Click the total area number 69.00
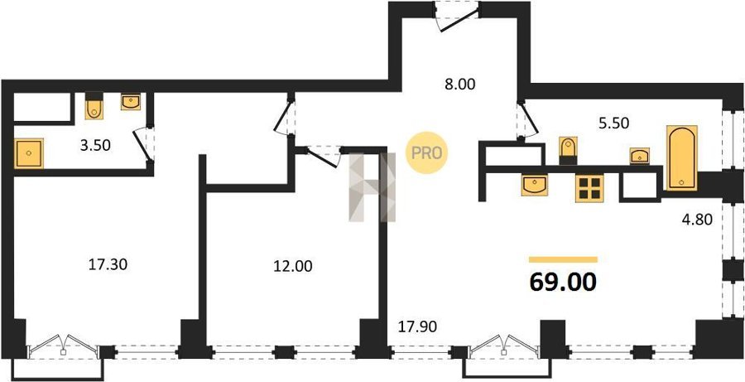(563, 283)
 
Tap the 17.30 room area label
(108, 264)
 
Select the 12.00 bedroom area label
(293, 266)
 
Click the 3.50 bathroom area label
(95, 145)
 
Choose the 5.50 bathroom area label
(613, 123)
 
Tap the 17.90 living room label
(417, 326)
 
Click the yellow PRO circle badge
(426, 152)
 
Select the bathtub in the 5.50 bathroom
(682, 158)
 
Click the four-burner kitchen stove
(589, 188)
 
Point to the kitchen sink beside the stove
(535, 185)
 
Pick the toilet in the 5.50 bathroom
(568, 149)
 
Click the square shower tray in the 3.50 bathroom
(29, 153)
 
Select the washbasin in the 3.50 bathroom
(131, 101)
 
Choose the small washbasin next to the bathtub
(640, 156)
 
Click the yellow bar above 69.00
(563, 259)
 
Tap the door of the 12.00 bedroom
(323, 157)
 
